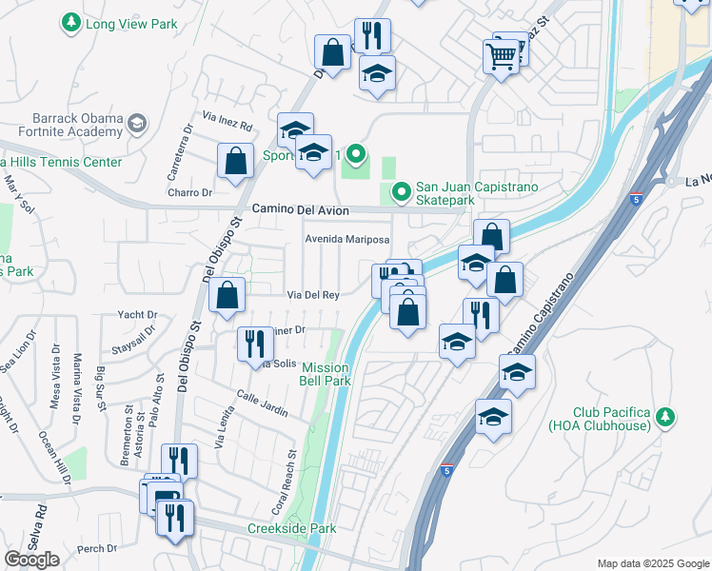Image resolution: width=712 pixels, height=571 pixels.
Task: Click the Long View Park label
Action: click(x=124, y=21)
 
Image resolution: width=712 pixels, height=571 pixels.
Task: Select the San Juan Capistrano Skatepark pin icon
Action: click(x=401, y=192)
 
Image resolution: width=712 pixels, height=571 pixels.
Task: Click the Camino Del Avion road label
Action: click(x=301, y=210)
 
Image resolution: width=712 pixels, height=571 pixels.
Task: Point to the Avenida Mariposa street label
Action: click(x=347, y=239)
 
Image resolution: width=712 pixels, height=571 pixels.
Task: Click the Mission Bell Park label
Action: click(x=326, y=374)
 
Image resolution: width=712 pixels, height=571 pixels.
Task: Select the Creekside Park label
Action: click(x=287, y=528)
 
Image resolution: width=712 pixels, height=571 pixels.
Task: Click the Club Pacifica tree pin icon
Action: click(x=665, y=417)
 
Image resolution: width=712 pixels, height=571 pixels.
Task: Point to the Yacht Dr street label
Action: click(x=138, y=314)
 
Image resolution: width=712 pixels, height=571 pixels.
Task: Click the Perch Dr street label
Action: click(x=98, y=548)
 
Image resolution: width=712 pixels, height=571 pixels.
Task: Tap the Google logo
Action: click(x=31, y=560)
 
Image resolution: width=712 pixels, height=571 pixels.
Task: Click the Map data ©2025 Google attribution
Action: click(x=652, y=562)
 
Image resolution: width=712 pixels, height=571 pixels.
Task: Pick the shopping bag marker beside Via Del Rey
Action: click(x=227, y=296)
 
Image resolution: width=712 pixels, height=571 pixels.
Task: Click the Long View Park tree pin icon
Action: click(x=70, y=21)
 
